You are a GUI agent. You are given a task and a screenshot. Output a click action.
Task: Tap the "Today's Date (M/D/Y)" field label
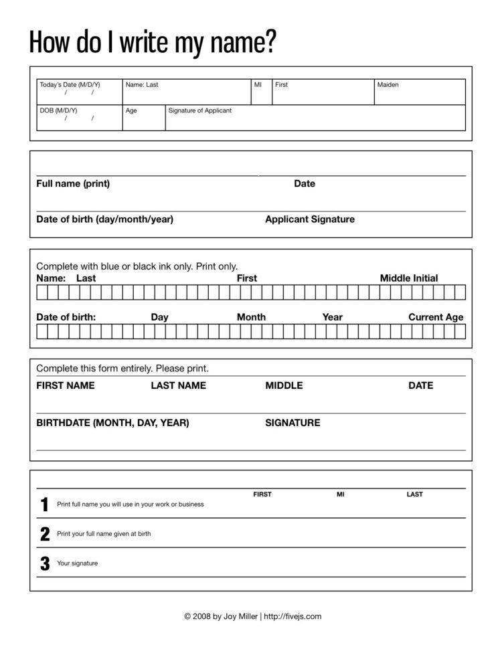[x=70, y=85]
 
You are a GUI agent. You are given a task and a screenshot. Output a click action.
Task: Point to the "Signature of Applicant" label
[x=199, y=110]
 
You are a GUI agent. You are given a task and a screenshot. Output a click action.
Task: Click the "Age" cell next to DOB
[x=143, y=117]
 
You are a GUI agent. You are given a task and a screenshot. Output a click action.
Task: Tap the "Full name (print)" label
[x=73, y=184]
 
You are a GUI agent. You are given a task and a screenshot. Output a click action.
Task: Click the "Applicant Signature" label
[x=310, y=219]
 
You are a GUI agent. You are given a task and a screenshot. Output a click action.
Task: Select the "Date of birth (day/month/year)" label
[x=104, y=219]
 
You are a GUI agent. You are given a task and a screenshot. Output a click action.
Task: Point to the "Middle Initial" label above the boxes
[x=409, y=278]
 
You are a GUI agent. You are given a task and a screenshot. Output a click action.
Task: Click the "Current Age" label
[x=436, y=317]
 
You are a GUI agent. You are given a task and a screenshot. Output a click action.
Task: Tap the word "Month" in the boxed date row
[x=251, y=317]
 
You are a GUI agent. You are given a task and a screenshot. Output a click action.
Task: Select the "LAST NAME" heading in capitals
[x=178, y=385]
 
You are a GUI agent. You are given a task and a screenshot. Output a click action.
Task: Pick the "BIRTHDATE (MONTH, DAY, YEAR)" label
[x=112, y=423]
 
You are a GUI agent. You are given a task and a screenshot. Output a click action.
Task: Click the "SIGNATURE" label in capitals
[x=292, y=423]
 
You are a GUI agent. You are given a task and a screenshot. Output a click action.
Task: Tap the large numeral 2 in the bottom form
[x=45, y=534]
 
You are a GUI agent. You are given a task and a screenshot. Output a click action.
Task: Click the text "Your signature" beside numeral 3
[x=78, y=563]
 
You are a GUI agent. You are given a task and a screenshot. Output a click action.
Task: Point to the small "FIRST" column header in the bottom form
[x=262, y=494]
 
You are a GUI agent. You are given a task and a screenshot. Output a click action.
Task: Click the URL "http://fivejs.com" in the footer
[x=293, y=616]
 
